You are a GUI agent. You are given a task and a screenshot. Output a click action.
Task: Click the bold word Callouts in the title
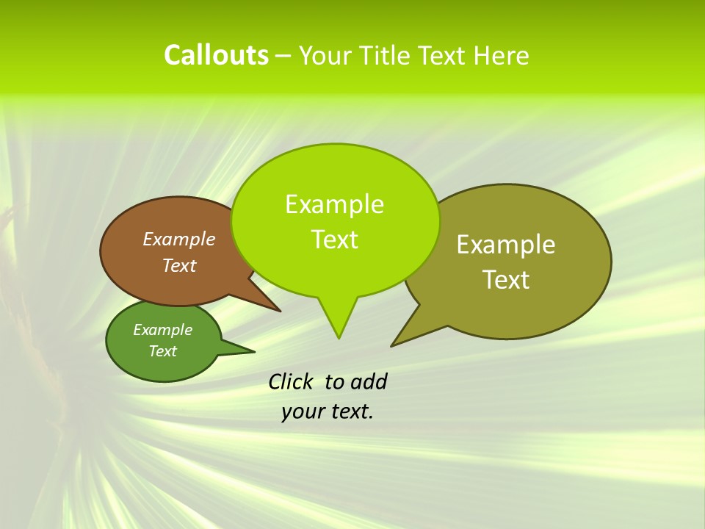(x=216, y=55)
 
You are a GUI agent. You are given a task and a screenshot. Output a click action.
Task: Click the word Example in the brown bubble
(x=179, y=240)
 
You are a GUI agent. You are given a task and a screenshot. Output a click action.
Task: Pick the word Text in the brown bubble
(x=179, y=265)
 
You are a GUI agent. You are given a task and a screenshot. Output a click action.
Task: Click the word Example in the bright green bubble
(x=334, y=204)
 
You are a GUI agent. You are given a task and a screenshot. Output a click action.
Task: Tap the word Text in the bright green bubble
(x=335, y=240)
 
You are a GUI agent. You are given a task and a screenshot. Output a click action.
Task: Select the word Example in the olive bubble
(x=506, y=245)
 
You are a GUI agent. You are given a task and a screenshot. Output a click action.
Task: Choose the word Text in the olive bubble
(x=506, y=280)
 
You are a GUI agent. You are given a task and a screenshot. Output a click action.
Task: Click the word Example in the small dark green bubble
(x=163, y=330)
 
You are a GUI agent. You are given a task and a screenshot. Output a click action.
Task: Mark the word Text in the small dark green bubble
(x=163, y=351)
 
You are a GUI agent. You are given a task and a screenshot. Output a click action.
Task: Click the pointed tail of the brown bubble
(x=279, y=311)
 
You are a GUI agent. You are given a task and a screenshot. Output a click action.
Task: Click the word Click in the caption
(x=292, y=381)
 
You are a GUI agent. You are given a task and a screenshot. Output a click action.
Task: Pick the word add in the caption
(x=369, y=381)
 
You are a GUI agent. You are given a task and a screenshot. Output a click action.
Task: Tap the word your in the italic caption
(x=303, y=411)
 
